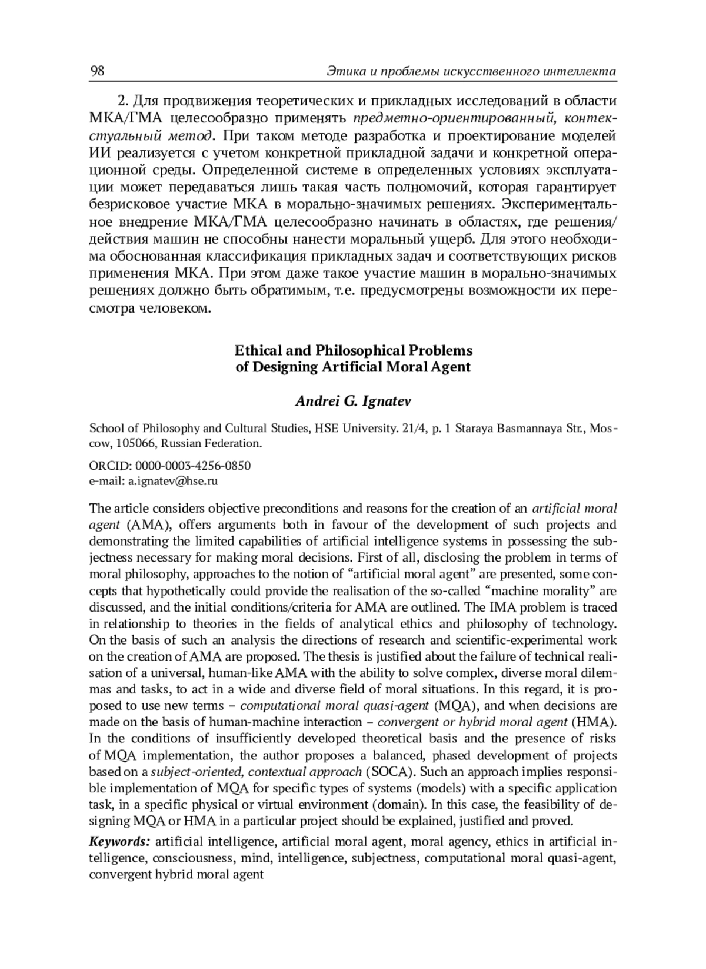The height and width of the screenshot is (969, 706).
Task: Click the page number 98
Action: coord(97,71)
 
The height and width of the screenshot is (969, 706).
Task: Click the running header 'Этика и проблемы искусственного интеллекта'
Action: coord(471,72)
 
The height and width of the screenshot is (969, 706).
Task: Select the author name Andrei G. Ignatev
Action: coord(353,401)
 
